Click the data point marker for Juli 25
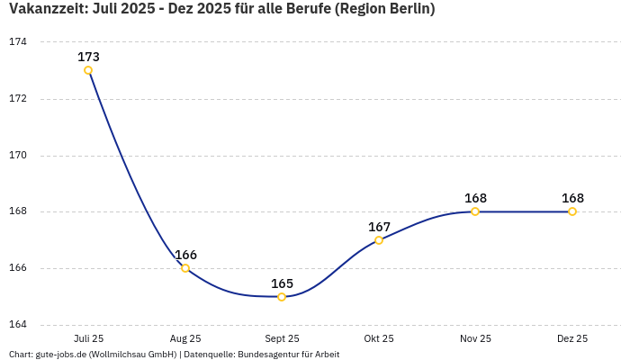[x=88, y=70]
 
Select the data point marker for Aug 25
[x=185, y=268]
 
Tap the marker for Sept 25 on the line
[x=282, y=297]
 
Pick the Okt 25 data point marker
[x=379, y=240]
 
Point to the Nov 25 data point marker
[x=475, y=211]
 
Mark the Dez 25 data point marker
[x=572, y=211]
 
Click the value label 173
[x=88, y=57]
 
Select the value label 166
[x=185, y=255]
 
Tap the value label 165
[x=282, y=283]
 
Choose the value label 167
[x=379, y=227]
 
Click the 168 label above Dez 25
[x=572, y=198]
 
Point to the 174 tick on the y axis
[x=18, y=42]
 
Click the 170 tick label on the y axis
[x=18, y=155]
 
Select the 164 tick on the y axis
[x=18, y=325]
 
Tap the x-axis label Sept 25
[x=282, y=338]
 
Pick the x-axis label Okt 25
[x=379, y=338]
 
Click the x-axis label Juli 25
[x=88, y=338]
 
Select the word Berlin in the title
[x=407, y=10]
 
